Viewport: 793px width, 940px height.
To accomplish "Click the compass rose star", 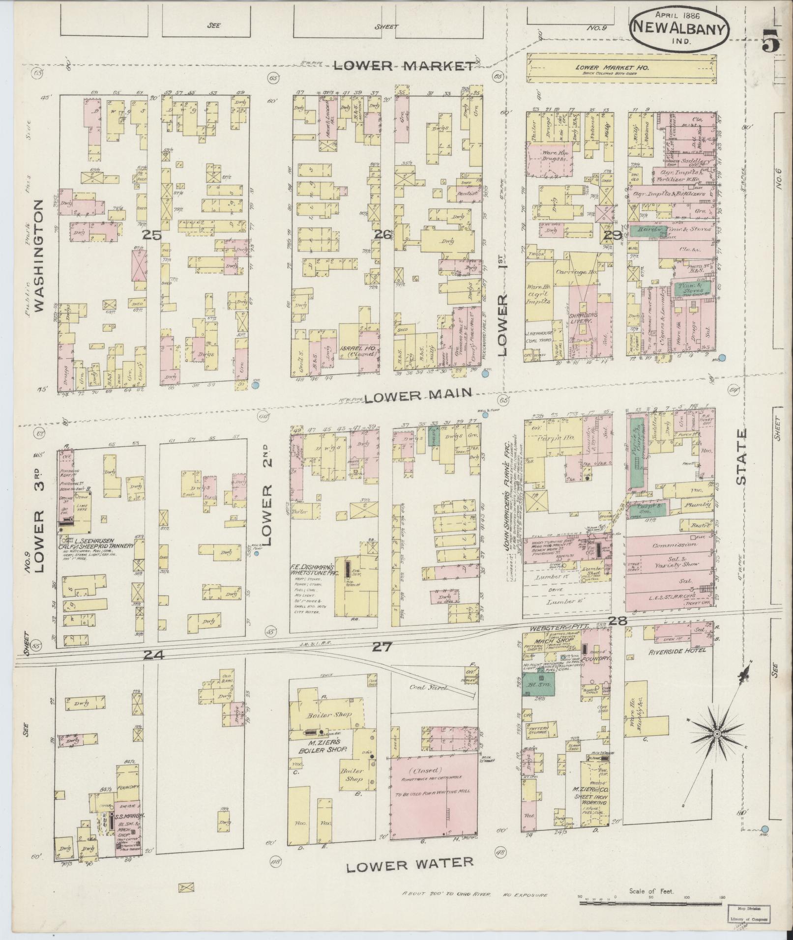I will click(716, 747).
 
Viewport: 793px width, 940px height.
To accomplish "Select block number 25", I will click(152, 236).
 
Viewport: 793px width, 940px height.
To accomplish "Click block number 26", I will click(382, 235).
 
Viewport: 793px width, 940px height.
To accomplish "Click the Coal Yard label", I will click(428, 688).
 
